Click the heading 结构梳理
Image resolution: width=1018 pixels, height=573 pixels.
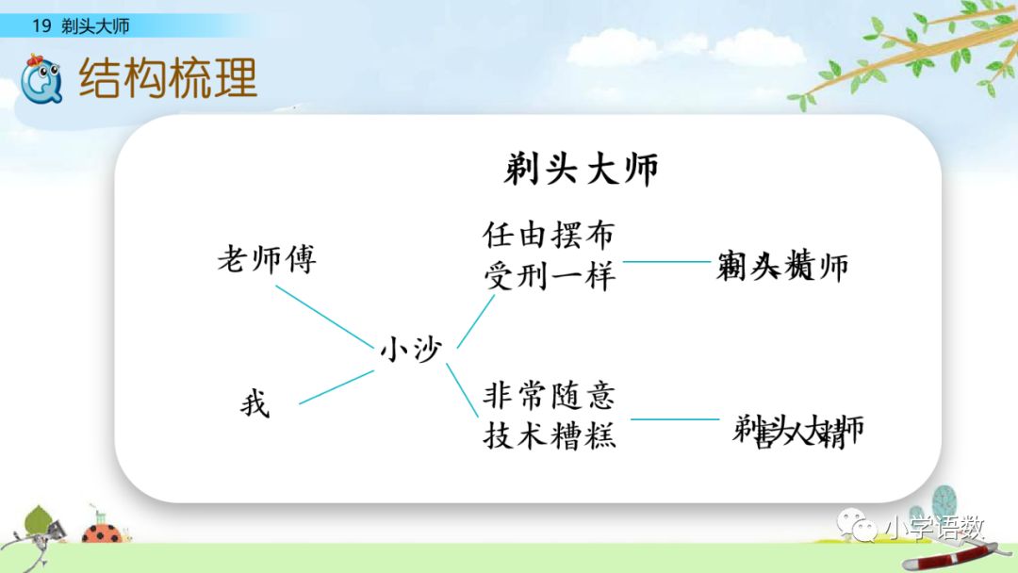pos(169,78)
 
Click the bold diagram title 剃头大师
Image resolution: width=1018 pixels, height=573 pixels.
pos(582,170)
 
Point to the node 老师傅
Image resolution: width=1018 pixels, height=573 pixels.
pos(267,259)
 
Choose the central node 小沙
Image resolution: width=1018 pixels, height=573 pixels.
pos(410,350)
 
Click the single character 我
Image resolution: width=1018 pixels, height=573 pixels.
pos(254,405)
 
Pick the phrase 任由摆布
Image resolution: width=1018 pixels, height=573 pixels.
pos(549,234)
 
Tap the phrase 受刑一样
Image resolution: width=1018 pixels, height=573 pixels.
pos(549,276)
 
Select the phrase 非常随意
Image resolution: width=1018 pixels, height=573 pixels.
pos(549,393)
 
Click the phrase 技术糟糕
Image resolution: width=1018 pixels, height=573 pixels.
pos(549,435)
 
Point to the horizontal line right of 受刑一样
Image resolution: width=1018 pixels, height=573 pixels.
pos(665,262)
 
